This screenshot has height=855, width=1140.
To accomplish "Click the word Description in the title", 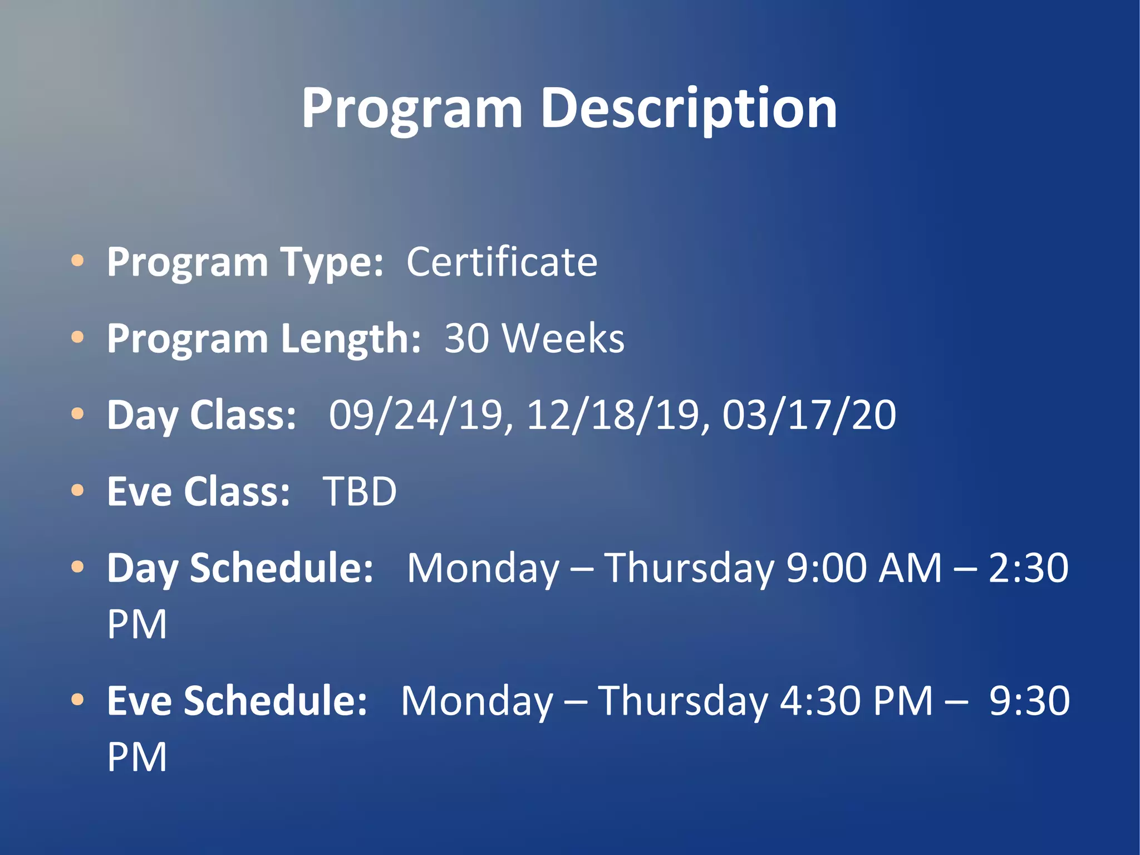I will point(689,109).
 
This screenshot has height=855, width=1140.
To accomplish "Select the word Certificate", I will point(502,262).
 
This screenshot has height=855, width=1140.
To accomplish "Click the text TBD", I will point(360,491).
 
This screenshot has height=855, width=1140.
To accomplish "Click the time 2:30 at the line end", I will point(1029,568).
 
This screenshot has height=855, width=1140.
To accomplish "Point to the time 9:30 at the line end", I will point(1029,701).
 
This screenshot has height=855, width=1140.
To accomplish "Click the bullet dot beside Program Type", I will point(78,260).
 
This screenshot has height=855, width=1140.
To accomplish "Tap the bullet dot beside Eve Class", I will point(78,490).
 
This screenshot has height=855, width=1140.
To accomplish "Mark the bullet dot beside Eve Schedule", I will point(78,699).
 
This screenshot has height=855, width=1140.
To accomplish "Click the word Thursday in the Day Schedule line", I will point(689,568).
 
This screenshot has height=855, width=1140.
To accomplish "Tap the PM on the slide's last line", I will point(137,757).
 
